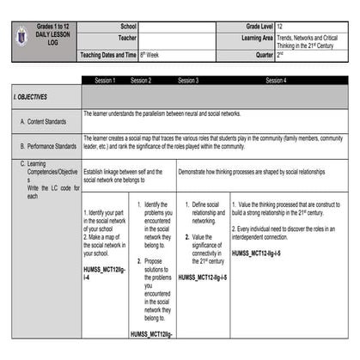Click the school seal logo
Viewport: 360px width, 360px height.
[x=23, y=35]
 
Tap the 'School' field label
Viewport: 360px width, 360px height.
[x=129, y=27]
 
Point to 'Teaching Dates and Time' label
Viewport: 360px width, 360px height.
[x=108, y=54]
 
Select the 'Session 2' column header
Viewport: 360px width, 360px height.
[x=141, y=80]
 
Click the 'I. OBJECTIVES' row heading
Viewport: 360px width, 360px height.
[x=31, y=97]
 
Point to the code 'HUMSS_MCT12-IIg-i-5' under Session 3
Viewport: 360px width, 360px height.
[x=203, y=278]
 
